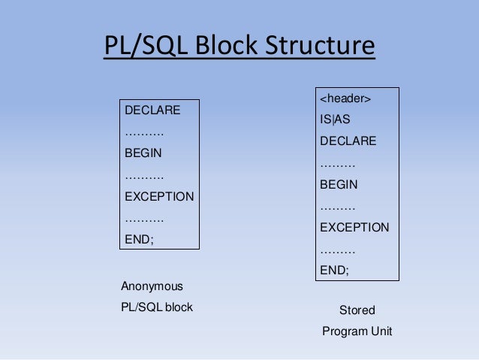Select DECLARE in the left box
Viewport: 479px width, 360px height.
pos(152,110)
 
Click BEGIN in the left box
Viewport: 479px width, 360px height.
pos(143,153)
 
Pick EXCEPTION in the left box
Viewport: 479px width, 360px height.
pos(159,196)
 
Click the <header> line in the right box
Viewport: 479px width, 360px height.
pos(345,98)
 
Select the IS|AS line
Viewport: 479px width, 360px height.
pos(335,119)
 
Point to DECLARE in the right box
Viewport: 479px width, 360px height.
pos(348,141)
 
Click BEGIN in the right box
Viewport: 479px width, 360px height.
pos(339,183)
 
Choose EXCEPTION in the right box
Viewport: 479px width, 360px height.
pos(354,227)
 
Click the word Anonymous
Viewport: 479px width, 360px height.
pos(152,286)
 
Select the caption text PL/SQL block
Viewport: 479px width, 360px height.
pos(157,307)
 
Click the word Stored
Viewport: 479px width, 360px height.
pos(357,310)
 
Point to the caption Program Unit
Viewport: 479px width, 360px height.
pos(357,331)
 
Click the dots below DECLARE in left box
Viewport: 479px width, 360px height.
pos(143,132)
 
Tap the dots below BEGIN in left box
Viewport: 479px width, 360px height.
pos(143,175)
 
